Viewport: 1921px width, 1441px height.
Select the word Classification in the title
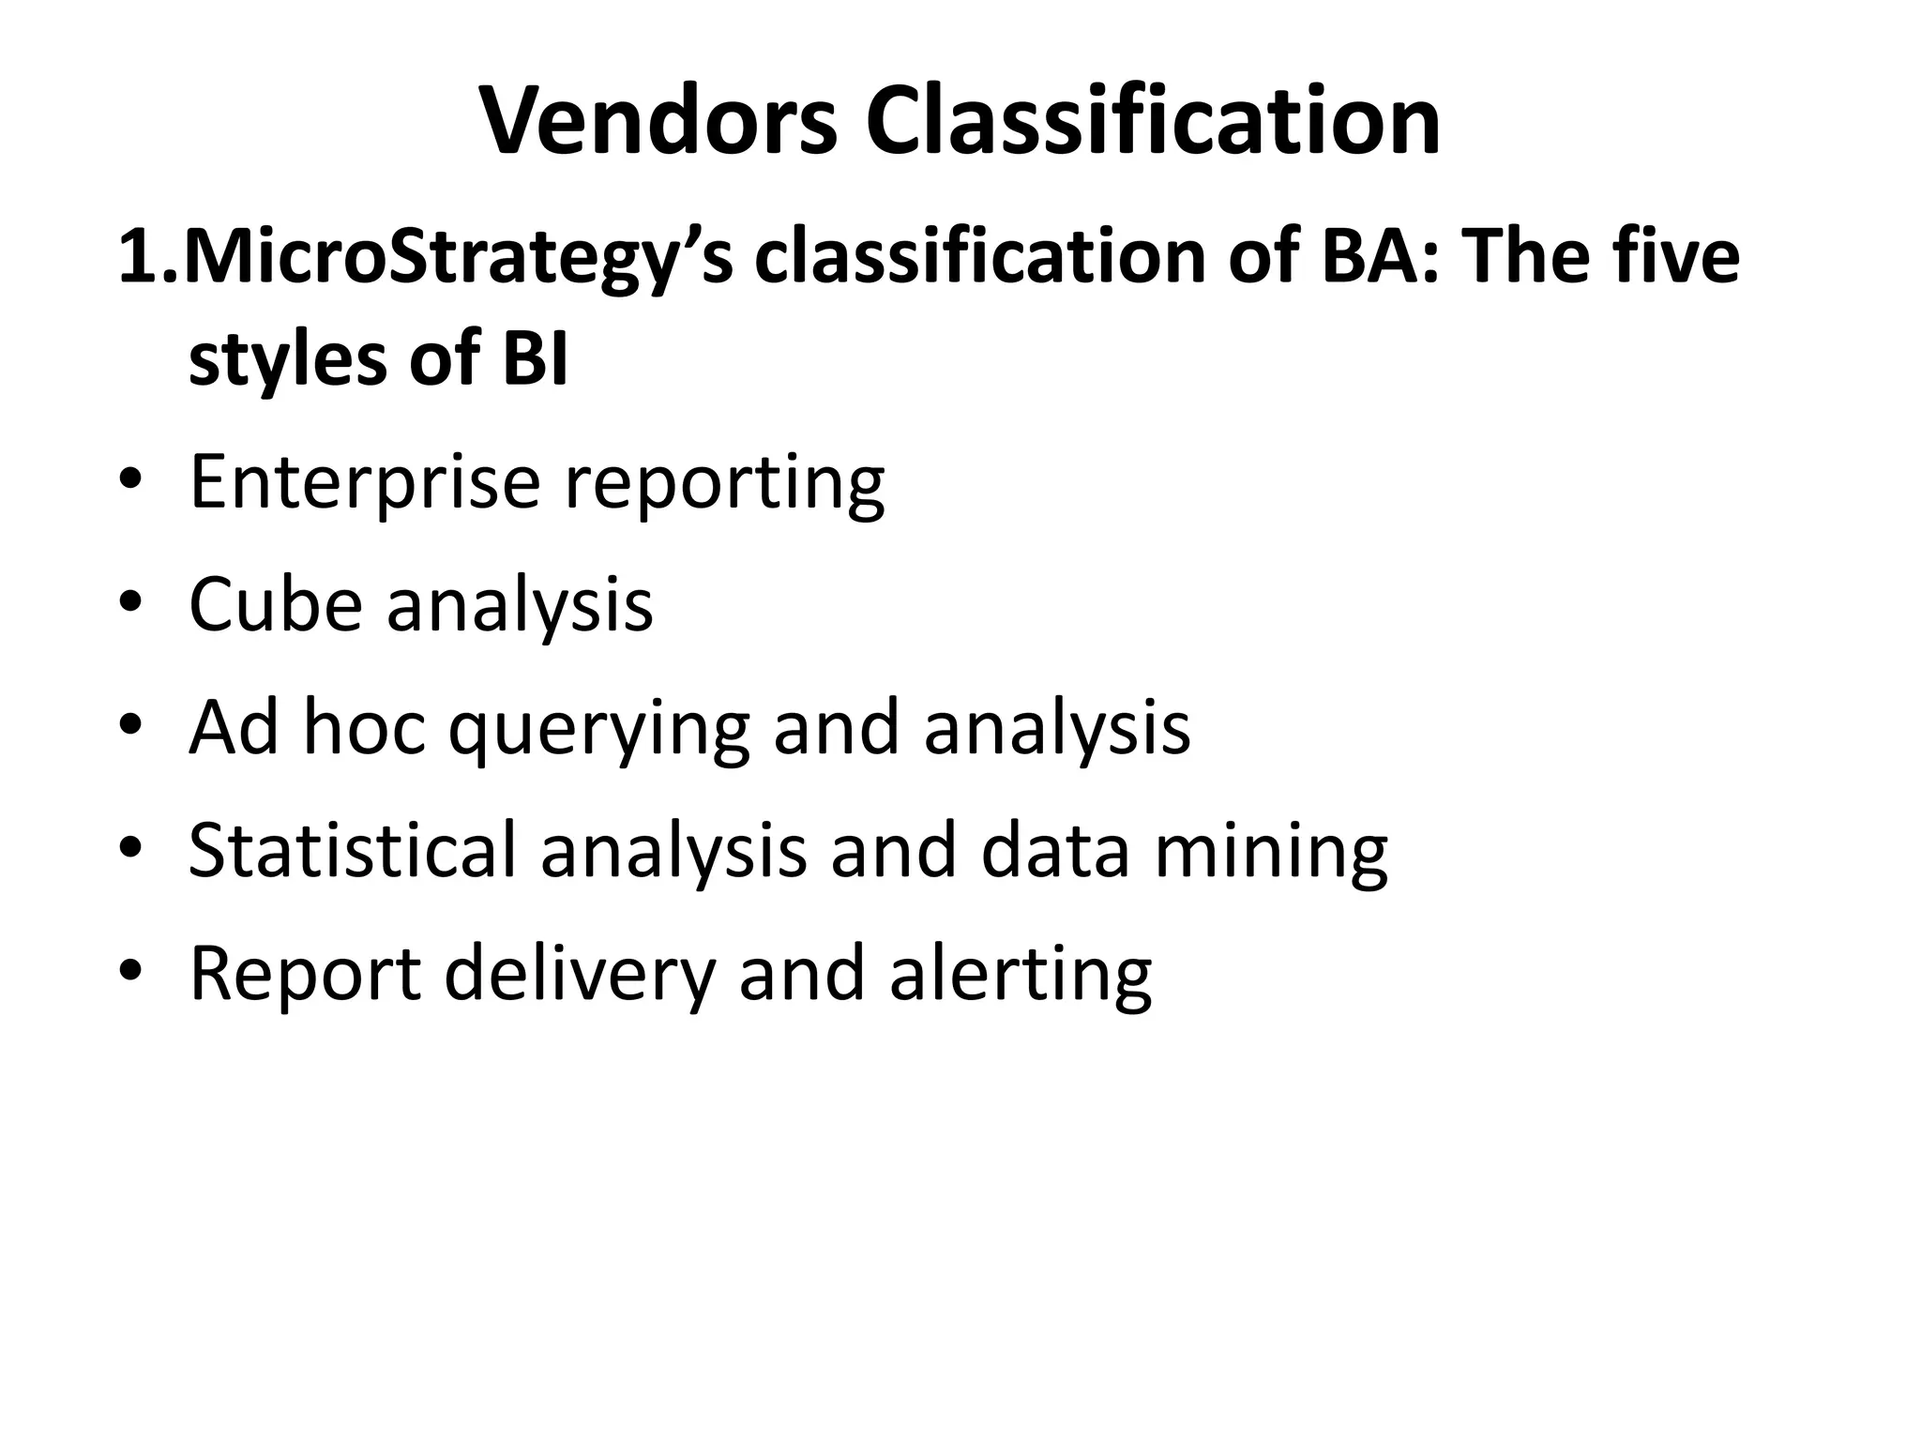(1153, 123)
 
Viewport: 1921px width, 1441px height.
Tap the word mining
(1271, 852)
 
